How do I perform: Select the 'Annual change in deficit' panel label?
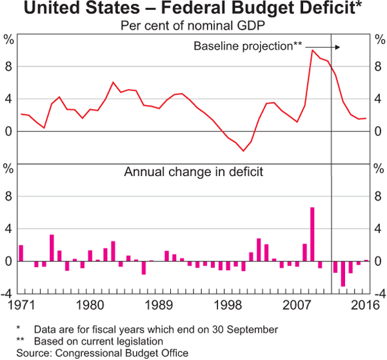pyautogui.click(x=193, y=172)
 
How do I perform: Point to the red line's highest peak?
pyautogui.click(x=312, y=50)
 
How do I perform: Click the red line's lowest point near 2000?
pyautogui.click(x=243, y=151)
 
